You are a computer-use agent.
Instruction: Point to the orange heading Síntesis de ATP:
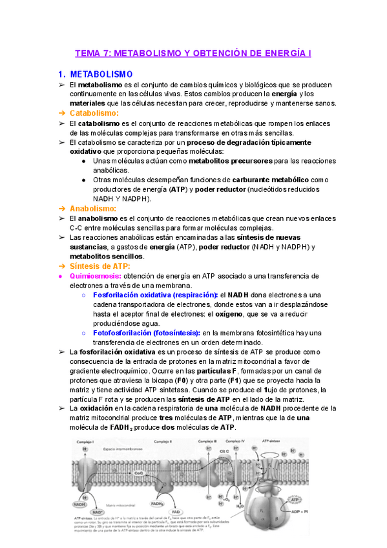coord(100,266)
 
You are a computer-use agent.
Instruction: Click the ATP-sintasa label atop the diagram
coord(266,441)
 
